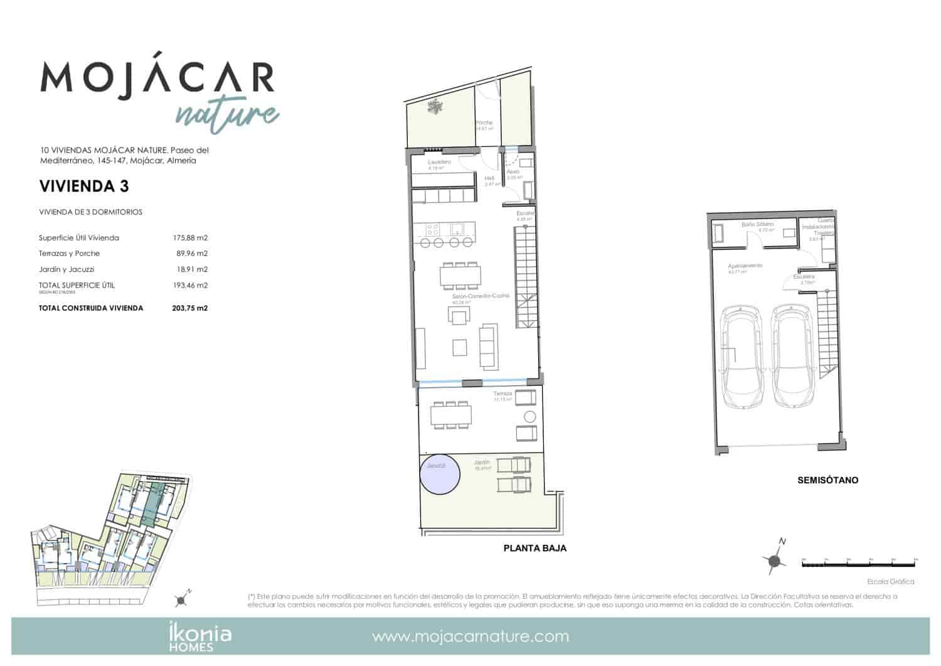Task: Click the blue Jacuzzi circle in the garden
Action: pyautogui.click(x=440, y=475)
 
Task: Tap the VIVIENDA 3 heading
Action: pyautogui.click(x=84, y=186)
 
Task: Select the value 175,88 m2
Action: pyautogui.click(x=190, y=238)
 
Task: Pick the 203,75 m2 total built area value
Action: pyautogui.click(x=190, y=308)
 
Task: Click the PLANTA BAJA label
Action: pyautogui.click(x=534, y=548)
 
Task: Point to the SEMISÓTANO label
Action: pyautogui.click(x=827, y=480)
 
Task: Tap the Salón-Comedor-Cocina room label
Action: pyautogui.click(x=481, y=296)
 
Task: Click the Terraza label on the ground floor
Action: pyautogui.click(x=502, y=394)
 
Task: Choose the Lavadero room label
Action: pyautogui.click(x=439, y=162)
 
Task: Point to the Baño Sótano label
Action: pyautogui.click(x=757, y=224)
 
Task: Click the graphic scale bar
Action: pyautogui.click(x=859, y=564)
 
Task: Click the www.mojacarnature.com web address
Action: pyautogui.click(x=470, y=636)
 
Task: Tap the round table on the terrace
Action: pyautogui.click(x=529, y=417)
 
